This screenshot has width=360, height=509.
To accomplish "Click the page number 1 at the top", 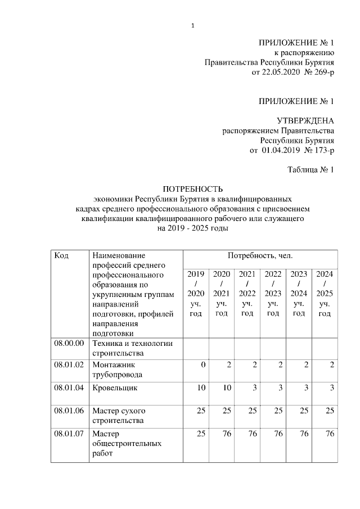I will tap(192, 25).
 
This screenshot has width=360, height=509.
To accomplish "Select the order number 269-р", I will tap(321, 73).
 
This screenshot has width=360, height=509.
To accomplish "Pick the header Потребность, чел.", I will tap(260, 255).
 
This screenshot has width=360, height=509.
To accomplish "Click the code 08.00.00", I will tap(69, 343).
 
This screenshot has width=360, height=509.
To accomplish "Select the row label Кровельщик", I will tap(115, 388).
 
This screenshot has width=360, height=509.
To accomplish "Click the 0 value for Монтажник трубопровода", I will tap(203, 365).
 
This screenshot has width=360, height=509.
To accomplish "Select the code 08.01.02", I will tap(69, 365).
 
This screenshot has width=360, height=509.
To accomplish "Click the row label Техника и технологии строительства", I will tap(132, 348).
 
